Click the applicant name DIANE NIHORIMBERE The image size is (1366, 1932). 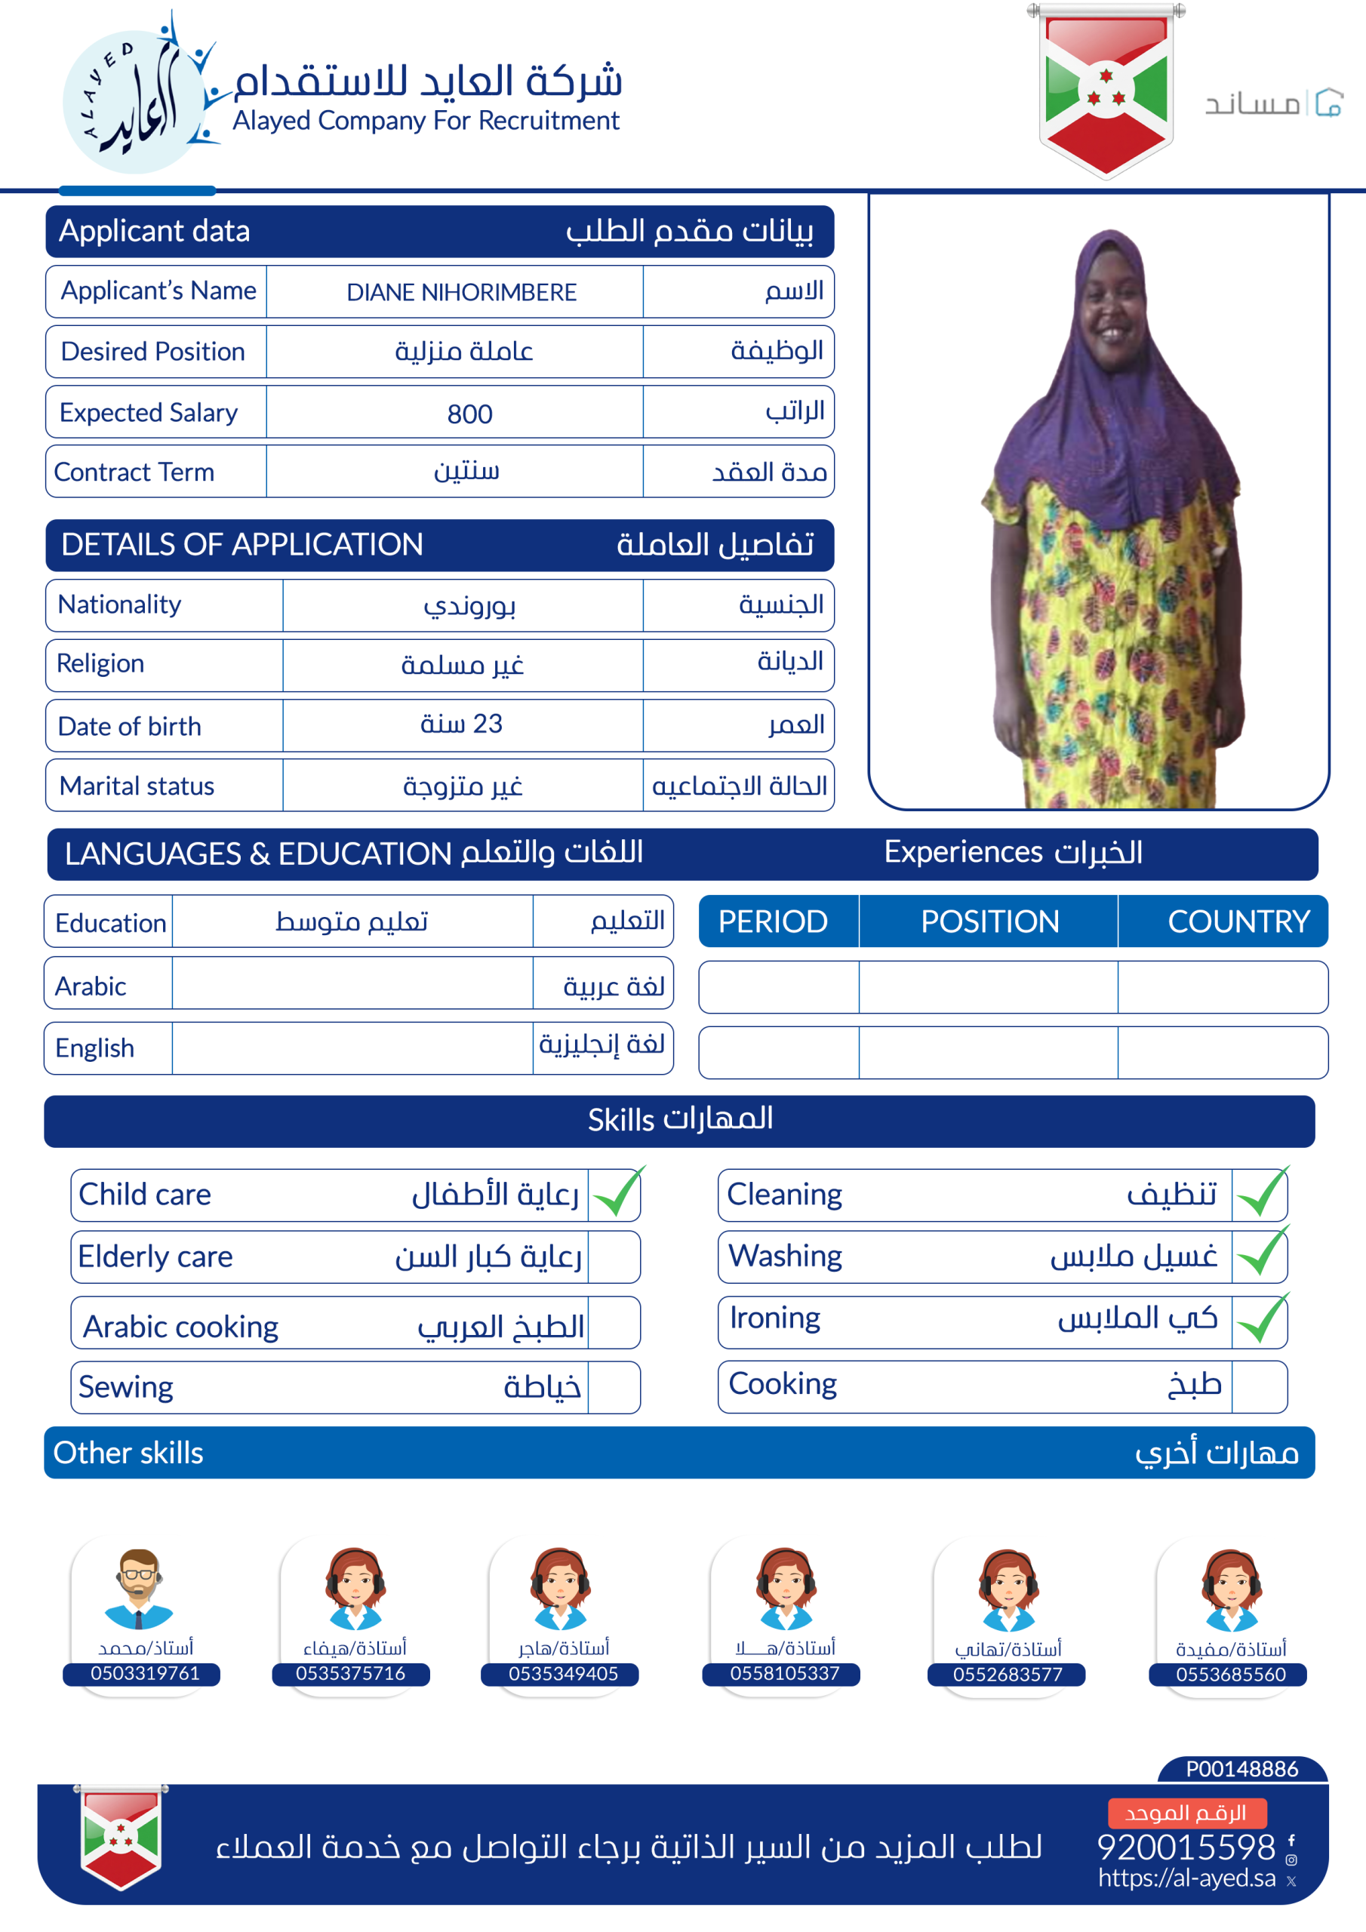coord(461,292)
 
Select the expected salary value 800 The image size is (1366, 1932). coord(469,413)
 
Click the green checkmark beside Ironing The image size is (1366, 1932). coord(1261,1319)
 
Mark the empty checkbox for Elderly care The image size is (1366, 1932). coord(614,1257)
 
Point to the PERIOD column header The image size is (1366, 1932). coord(773,921)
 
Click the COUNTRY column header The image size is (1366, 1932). coord(1237,921)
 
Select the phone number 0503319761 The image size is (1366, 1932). coord(145,1673)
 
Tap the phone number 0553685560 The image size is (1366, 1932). coord(1229,1674)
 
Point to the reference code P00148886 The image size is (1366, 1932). coord(1241,1769)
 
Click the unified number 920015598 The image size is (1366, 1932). coord(1185,1847)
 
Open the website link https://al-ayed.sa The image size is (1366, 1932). coord(1186,1878)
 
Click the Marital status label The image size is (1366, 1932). coord(137,786)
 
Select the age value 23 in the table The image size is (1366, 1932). coord(461,724)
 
